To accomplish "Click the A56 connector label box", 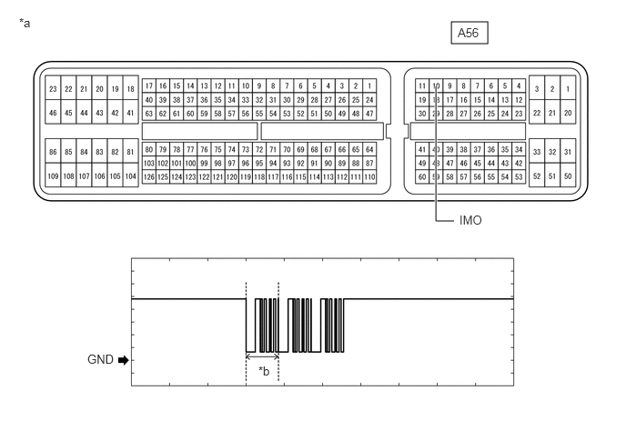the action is [469, 33].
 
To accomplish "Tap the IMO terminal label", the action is [470, 220].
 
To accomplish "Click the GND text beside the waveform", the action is [100, 359].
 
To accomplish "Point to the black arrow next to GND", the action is [124, 360].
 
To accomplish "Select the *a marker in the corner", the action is [25, 23].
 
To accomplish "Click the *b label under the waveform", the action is [264, 371].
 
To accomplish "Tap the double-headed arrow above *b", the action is [262, 356].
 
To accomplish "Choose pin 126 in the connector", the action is [149, 176].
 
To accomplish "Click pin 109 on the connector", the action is [53, 176].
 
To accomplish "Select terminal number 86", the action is [53, 152].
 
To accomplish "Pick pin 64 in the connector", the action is [369, 150].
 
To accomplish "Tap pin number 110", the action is [369, 176].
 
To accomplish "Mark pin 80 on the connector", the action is [149, 150].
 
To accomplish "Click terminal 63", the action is [149, 114].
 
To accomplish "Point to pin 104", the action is [130, 176].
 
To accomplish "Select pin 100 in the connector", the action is [190, 163].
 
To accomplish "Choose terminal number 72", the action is [259, 150].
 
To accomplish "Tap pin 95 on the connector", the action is [259, 163].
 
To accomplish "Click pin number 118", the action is [259, 176].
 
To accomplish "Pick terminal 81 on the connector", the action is [130, 152].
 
